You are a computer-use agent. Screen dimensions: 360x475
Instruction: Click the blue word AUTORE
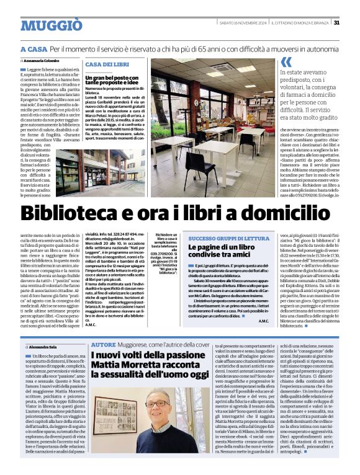coord(103,344)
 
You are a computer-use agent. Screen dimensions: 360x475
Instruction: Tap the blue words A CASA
coord(34,48)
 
